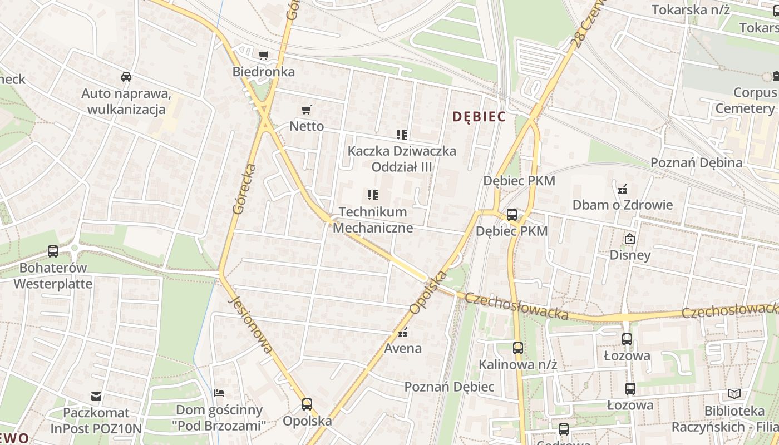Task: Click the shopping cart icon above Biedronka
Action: point(264,55)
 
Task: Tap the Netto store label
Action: point(307,126)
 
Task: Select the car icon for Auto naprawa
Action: point(126,77)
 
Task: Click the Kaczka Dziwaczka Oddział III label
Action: point(402,159)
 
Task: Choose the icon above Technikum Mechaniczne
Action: point(373,195)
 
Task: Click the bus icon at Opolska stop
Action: point(307,404)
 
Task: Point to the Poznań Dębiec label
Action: point(449,387)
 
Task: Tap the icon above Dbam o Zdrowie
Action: point(623,189)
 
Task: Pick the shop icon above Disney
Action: point(630,239)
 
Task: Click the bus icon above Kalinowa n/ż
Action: point(518,348)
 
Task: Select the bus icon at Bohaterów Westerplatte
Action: point(53,251)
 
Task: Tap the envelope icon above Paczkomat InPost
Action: point(97,397)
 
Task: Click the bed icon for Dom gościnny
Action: point(219,393)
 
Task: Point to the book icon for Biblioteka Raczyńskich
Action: point(734,394)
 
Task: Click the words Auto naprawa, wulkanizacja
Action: point(126,101)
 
